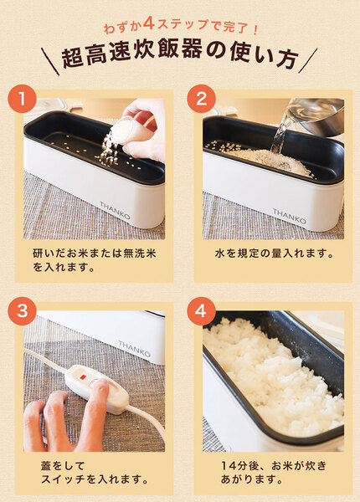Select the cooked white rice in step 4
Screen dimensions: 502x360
click(268, 376)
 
